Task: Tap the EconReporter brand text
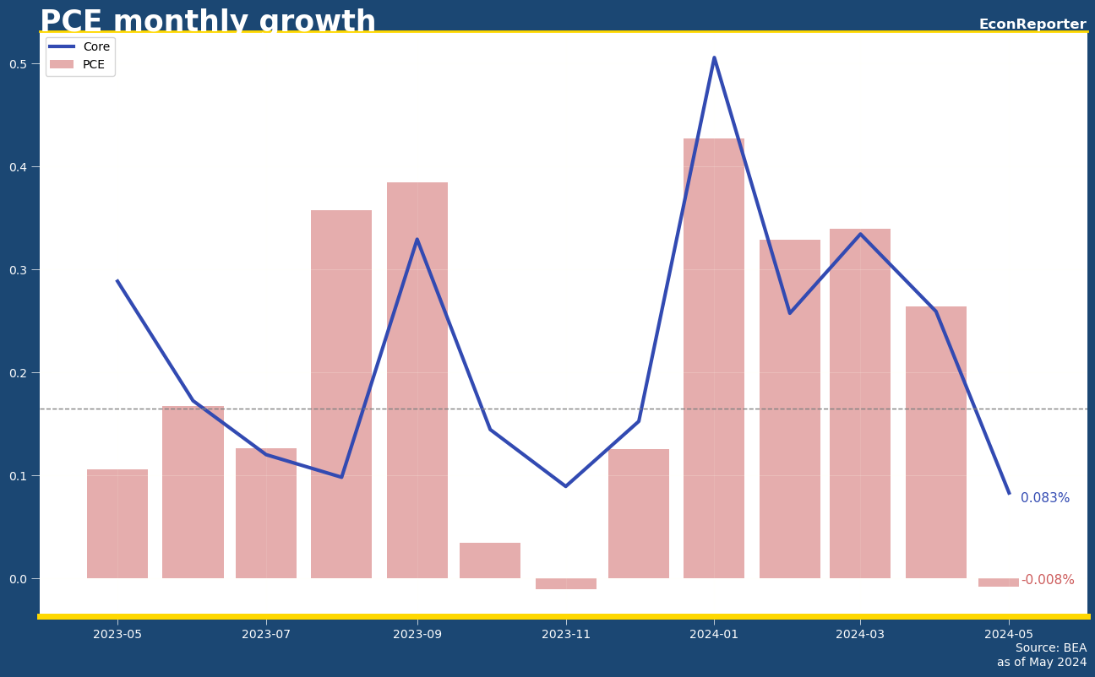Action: point(1032,24)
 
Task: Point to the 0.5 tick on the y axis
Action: point(19,64)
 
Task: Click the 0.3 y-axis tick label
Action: point(19,270)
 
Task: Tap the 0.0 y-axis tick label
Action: point(19,579)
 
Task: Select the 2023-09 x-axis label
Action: point(417,634)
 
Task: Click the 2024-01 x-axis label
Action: point(714,634)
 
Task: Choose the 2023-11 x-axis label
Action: point(566,634)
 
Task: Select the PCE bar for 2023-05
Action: point(117,523)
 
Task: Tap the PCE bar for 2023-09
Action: point(417,380)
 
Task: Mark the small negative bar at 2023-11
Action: point(566,583)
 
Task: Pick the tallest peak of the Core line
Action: point(714,58)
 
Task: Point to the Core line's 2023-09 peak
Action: point(417,240)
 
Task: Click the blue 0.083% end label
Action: point(1044,498)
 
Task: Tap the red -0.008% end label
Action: point(1048,580)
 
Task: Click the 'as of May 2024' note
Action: point(1042,663)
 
